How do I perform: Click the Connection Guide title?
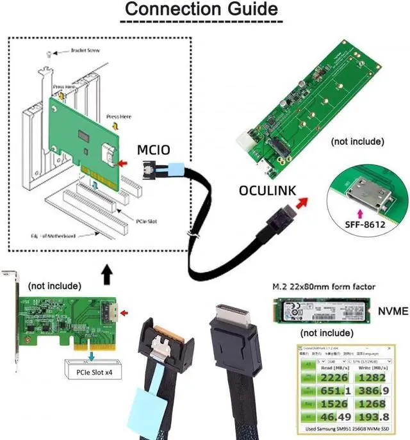(x=201, y=10)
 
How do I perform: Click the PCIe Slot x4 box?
(x=92, y=370)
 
